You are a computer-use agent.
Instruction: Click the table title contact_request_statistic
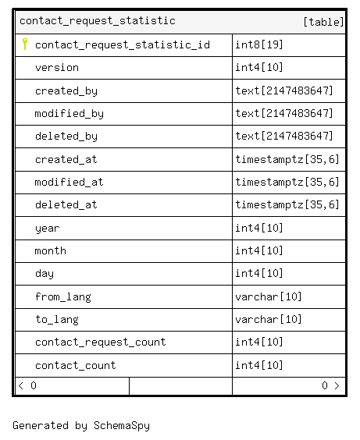(98, 21)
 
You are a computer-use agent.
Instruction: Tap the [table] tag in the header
(323, 22)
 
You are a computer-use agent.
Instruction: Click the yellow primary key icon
(25, 44)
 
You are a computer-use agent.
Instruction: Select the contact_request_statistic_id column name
(123, 45)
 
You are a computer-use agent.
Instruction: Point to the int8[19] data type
(259, 44)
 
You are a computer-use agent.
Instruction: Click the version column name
(57, 68)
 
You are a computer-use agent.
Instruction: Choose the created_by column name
(66, 91)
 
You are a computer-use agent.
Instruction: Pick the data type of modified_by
(284, 113)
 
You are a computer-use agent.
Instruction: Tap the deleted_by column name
(66, 137)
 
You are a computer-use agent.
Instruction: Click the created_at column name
(66, 159)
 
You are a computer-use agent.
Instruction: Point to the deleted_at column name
(66, 205)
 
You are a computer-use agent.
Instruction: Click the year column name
(48, 229)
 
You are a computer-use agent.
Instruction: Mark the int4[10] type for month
(259, 250)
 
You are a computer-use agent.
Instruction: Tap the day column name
(45, 274)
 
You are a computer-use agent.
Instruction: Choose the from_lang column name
(63, 297)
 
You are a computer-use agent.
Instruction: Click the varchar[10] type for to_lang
(268, 319)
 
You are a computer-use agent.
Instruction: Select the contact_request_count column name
(101, 342)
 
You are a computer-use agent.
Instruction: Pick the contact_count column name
(76, 365)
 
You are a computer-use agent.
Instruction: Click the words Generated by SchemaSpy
(81, 426)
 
